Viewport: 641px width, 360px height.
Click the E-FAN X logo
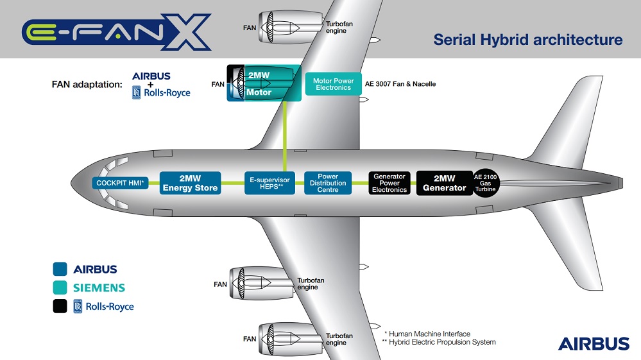point(117,32)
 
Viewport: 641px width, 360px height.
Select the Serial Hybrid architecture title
point(528,40)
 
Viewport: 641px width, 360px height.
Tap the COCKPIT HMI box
point(120,183)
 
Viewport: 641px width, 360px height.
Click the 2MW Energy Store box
point(190,183)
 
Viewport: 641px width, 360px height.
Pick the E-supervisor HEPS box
point(269,183)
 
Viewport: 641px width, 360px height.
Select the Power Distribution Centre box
point(328,183)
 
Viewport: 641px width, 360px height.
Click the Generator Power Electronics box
point(389,183)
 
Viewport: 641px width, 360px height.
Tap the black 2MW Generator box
point(445,183)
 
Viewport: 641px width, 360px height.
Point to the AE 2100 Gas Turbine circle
point(485,183)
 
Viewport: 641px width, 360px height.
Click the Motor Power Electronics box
point(333,84)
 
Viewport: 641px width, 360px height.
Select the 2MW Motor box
point(264,83)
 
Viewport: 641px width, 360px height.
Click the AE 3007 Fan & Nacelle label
point(400,84)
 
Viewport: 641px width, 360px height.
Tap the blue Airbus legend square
point(60,269)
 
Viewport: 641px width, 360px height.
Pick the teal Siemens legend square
point(60,287)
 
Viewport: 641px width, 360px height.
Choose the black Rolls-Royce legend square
point(60,306)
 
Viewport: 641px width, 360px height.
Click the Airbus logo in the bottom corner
point(594,344)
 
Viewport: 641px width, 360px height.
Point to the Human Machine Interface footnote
point(427,334)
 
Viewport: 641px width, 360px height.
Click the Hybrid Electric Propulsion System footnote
point(439,342)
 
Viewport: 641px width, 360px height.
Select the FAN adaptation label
point(87,85)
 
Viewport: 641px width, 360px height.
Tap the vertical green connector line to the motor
point(284,137)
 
